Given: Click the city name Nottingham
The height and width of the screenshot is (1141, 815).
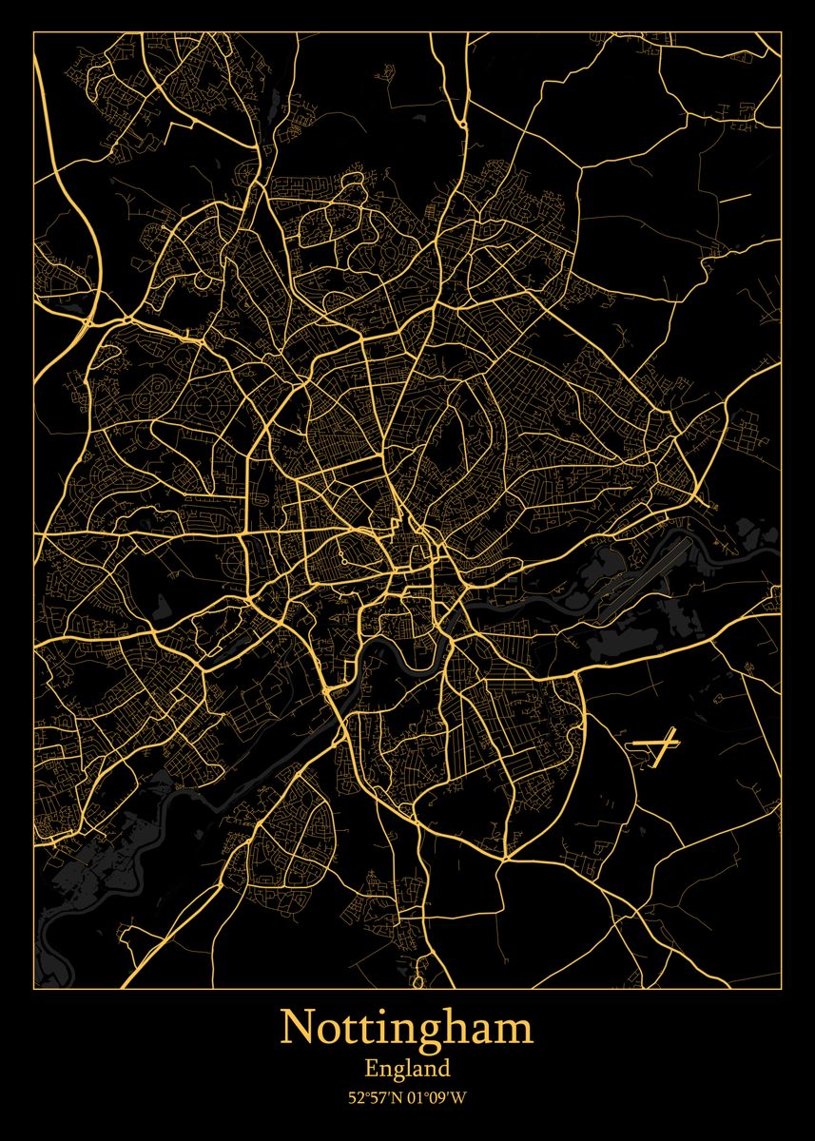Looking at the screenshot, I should tap(407, 1030).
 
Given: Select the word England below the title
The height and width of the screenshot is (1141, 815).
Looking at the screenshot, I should tap(407, 1070).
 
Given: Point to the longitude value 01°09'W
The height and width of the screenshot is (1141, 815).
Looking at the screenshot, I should tap(439, 1097).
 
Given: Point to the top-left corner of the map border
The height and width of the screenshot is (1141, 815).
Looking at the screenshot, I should tap(34, 32).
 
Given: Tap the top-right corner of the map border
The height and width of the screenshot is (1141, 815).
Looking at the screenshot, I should tap(781, 32).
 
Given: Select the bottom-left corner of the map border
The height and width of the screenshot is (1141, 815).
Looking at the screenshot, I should tap(34, 988).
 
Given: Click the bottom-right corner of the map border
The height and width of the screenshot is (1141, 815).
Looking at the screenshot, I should tap(781, 988).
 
